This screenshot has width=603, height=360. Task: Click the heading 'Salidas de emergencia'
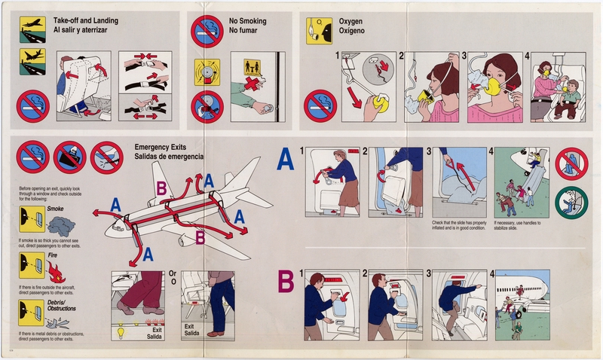click(168, 156)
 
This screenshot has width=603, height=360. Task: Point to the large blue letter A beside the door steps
click(286, 160)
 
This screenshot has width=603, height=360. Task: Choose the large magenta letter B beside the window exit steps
click(286, 281)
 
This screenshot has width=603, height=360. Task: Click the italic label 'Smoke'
click(55, 207)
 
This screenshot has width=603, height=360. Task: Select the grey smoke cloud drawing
click(60, 224)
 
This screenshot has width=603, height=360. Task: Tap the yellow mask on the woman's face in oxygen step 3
click(489, 88)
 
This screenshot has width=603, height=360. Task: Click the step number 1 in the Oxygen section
click(336, 55)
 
